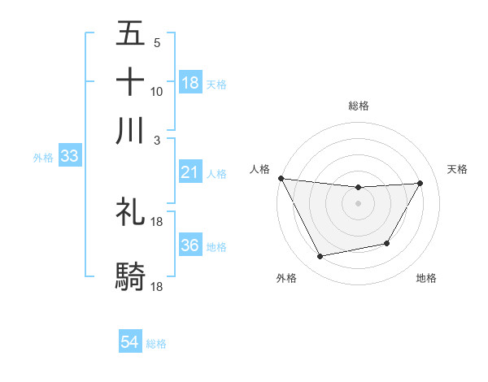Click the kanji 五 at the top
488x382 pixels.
[x=131, y=34]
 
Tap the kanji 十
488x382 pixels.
[x=131, y=82]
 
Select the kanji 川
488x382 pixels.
[x=131, y=131]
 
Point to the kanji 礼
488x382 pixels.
[x=131, y=212]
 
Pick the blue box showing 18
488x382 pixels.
[x=190, y=83]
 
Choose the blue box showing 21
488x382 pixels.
[x=190, y=172]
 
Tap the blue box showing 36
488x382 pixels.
[x=190, y=245]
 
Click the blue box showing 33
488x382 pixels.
[x=68, y=157]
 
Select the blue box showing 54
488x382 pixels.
[x=130, y=343]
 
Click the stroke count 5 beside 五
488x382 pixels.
[x=156, y=42]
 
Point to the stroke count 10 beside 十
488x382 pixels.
[x=157, y=91]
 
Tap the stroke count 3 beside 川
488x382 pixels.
[x=156, y=140]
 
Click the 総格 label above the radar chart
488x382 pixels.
[x=358, y=106]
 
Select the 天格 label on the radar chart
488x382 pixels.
[x=457, y=169]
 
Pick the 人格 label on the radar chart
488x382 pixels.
[x=259, y=169]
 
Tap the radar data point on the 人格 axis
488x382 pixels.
[x=281, y=178]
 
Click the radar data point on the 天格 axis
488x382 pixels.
[x=420, y=183]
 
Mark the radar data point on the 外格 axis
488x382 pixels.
[x=320, y=257]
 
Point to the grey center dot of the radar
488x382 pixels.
[x=358, y=203]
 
